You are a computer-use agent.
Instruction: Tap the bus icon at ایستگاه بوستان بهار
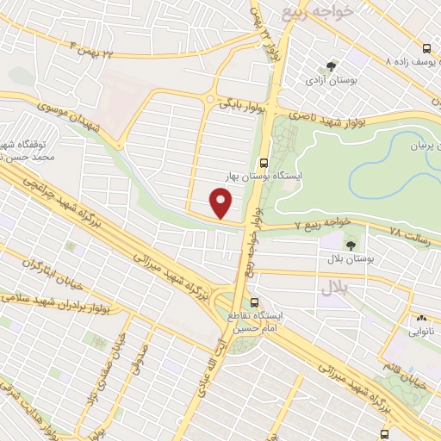[x=263, y=160]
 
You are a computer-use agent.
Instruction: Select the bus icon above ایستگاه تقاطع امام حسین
[x=253, y=303]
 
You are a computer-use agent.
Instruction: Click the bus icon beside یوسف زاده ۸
[x=428, y=49]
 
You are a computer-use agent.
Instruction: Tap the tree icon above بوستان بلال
[x=332, y=245]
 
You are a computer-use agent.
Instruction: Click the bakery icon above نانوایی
[x=422, y=319]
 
